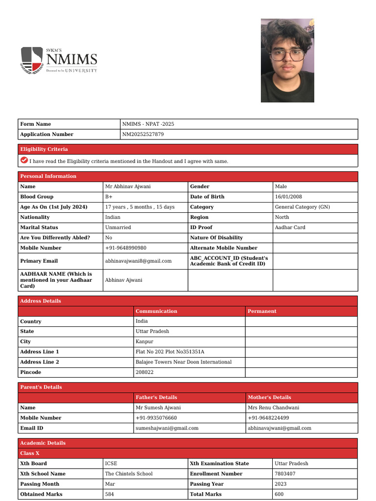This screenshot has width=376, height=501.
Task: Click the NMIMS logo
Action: point(59,60)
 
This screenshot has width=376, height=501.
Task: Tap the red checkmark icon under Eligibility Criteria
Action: point(24,160)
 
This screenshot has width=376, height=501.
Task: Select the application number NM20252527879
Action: point(143,135)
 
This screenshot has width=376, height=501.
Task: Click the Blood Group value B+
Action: point(109,197)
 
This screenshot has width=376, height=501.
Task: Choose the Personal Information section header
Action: point(48,176)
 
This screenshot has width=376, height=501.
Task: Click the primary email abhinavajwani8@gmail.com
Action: point(138,261)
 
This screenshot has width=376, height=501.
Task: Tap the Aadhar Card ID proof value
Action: point(290,228)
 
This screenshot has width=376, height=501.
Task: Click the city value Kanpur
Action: point(144,342)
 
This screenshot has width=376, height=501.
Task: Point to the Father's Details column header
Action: point(156,397)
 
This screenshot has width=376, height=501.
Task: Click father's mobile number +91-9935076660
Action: point(156,418)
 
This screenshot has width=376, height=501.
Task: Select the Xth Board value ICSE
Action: point(111,463)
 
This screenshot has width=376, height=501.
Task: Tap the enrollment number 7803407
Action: point(285,474)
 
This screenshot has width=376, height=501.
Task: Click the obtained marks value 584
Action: point(110,494)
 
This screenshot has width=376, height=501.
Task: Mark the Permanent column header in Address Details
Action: point(262,311)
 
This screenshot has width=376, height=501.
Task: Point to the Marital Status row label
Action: point(39,228)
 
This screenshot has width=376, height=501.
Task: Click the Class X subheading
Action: point(30,453)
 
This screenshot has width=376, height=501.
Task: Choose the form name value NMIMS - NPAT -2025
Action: point(148,124)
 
